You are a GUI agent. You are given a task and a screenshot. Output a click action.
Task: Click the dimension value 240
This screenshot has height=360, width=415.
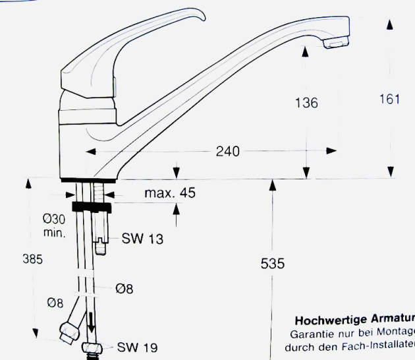pyautogui.click(x=228, y=152)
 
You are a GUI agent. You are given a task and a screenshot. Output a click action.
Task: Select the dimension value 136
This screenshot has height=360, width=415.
pyautogui.click(x=306, y=103)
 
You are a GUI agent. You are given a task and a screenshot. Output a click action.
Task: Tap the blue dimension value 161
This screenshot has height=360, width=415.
pyautogui.click(x=389, y=100)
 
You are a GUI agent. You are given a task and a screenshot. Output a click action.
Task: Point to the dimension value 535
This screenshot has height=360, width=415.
pyautogui.click(x=273, y=264)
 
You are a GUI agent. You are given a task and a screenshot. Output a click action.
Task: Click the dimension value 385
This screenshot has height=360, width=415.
pyautogui.click(x=32, y=260)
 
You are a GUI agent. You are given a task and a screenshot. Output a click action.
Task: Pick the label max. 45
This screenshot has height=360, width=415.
pyautogui.click(x=170, y=193)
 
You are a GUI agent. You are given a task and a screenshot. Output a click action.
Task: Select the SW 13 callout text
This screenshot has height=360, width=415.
pyautogui.click(x=142, y=239)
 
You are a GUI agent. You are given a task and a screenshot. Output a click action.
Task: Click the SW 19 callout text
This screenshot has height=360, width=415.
pyautogui.click(x=138, y=347)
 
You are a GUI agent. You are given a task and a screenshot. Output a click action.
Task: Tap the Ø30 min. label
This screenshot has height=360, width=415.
pyautogui.click(x=54, y=225)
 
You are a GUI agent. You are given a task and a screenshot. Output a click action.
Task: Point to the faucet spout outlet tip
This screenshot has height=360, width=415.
pyautogui.click(x=335, y=43)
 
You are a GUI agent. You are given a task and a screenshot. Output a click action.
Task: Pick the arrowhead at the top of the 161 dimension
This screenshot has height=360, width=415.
pyautogui.click(x=390, y=24)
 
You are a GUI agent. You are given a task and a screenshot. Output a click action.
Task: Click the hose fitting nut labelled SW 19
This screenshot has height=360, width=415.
pyautogui.click(x=92, y=348)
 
